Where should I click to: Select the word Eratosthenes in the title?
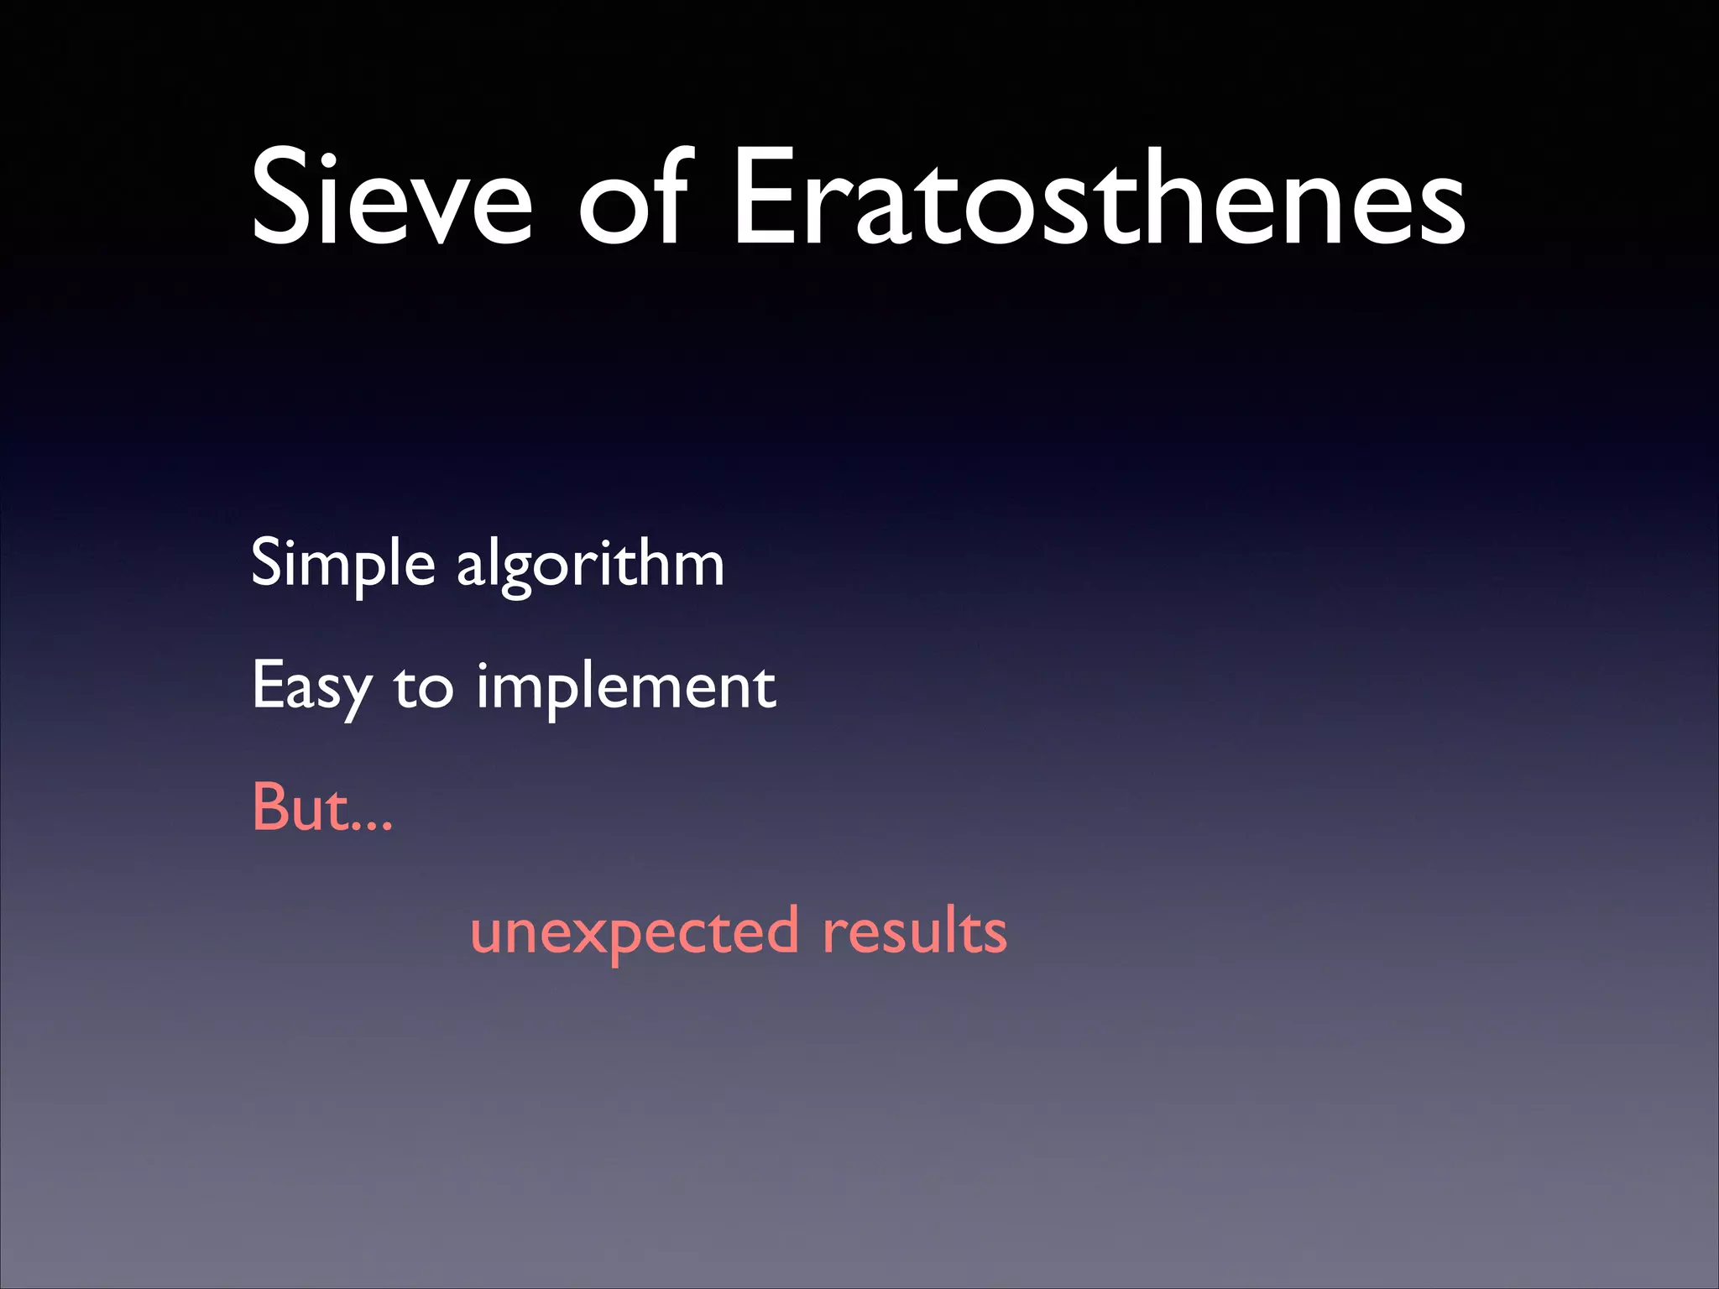coord(1100,199)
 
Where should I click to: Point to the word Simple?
coord(342,565)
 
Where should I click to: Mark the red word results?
coord(915,932)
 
